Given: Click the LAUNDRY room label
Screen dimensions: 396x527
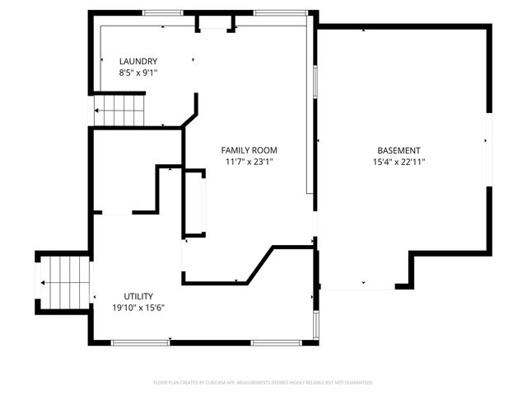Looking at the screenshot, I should pyautogui.click(x=138, y=61).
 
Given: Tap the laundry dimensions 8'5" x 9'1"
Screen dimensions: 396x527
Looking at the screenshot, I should pyautogui.click(x=138, y=73).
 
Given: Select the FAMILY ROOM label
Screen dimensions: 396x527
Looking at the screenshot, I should pyautogui.click(x=249, y=150).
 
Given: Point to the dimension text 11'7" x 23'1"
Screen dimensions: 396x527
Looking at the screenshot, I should pyautogui.click(x=249, y=162).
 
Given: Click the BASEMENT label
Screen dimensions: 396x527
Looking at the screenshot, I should pyautogui.click(x=399, y=150).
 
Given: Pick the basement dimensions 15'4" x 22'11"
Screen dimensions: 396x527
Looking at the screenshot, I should pyautogui.click(x=399, y=162).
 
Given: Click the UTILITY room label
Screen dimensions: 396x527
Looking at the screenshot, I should pyautogui.click(x=138, y=296).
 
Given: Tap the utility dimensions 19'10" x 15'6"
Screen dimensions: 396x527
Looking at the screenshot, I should pyautogui.click(x=138, y=308).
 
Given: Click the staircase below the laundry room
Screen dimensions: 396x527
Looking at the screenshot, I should pyautogui.click(x=119, y=111).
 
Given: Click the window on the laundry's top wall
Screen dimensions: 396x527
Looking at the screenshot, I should pyautogui.click(x=162, y=13).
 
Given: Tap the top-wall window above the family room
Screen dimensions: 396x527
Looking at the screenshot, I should pyautogui.click(x=280, y=13).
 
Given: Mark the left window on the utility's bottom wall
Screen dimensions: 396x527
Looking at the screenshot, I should pyautogui.click(x=140, y=342).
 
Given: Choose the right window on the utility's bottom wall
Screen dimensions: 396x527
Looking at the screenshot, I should pyautogui.click(x=276, y=342).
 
